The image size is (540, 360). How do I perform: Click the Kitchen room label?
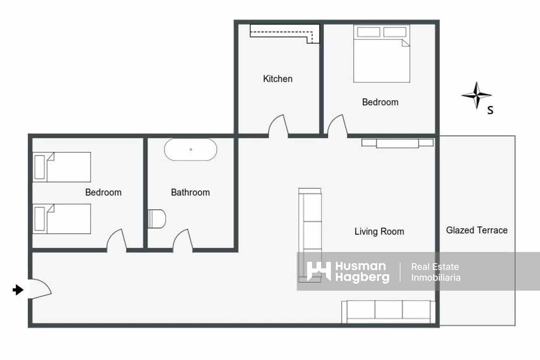[x=277, y=79]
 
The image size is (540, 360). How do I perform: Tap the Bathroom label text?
[x=190, y=192]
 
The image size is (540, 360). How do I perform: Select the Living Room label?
[x=379, y=231]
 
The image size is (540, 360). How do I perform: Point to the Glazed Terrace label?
[x=477, y=230]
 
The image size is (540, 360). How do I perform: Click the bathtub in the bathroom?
[x=191, y=149]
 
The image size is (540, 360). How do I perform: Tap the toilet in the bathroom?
[x=157, y=218]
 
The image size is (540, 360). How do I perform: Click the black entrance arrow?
[x=18, y=290]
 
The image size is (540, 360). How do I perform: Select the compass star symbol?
[x=476, y=95]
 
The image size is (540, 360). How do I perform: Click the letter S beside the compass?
[x=490, y=110]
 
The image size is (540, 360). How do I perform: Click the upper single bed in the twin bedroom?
[x=62, y=167]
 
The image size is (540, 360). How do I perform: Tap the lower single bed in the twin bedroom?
[x=62, y=218]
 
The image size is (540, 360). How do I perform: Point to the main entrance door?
[x=40, y=289]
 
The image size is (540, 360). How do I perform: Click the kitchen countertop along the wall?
[x=284, y=32]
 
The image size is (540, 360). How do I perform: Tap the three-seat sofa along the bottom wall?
[x=388, y=311]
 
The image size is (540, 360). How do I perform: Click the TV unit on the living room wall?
[x=397, y=143]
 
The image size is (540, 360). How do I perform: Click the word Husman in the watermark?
[x=360, y=266]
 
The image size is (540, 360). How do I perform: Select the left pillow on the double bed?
[x=369, y=32]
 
